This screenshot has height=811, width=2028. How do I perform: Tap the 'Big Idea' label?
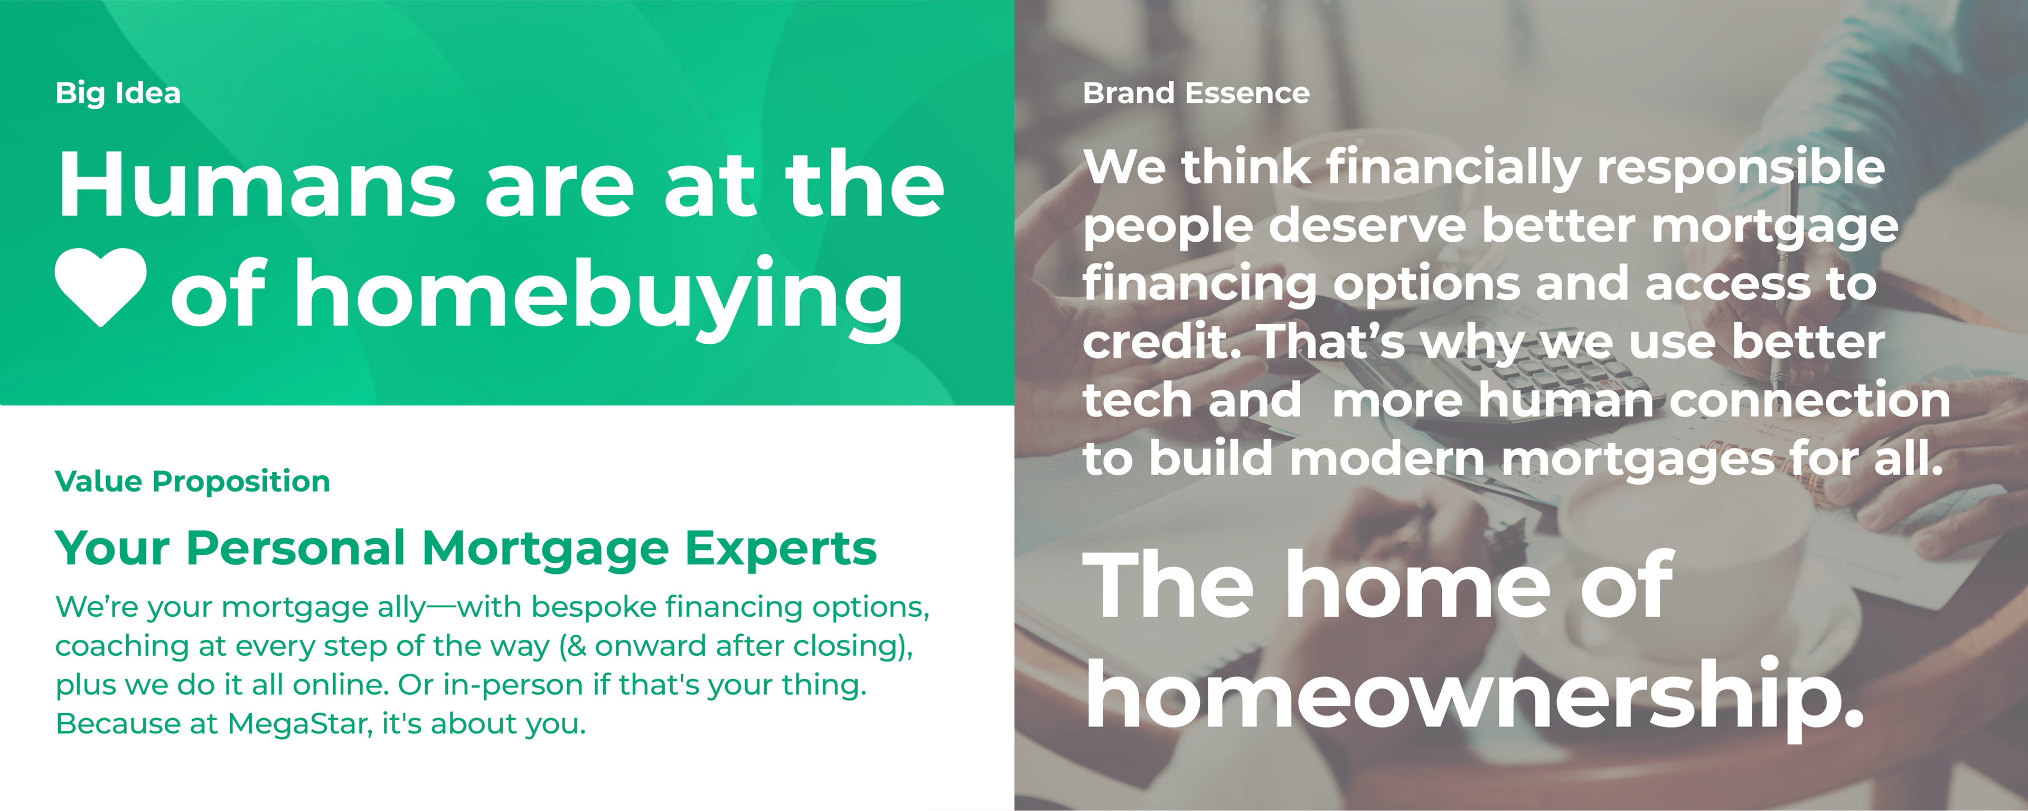pyautogui.click(x=118, y=93)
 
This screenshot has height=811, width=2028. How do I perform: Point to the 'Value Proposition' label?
pyautogui.click(x=193, y=481)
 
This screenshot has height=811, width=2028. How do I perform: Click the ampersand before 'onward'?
pyautogui.click(x=576, y=646)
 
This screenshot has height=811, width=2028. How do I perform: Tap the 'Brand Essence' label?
pyautogui.click(x=1196, y=93)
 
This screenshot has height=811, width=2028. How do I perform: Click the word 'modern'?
pyautogui.click(x=1388, y=459)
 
